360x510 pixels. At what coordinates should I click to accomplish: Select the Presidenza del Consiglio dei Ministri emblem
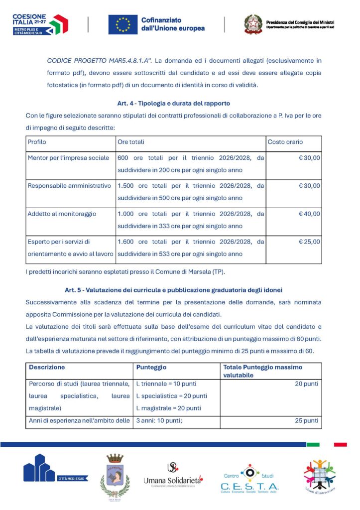[x=253, y=24]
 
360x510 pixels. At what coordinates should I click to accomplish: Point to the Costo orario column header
[x=285, y=142]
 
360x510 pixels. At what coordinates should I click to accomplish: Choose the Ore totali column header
[x=131, y=142]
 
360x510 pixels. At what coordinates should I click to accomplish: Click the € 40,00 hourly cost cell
[x=309, y=214]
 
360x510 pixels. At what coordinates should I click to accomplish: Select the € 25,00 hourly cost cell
[x=309, y=242]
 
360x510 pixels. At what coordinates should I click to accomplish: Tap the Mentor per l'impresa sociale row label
[x=69, y=158]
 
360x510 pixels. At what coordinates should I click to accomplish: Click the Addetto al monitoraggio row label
[x=62, y=214]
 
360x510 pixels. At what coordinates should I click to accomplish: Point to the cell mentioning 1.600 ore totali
[x=191, y=248]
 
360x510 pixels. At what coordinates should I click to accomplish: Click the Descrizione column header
[x=47, y=367]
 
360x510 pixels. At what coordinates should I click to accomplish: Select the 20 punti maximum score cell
[x=307, y=384]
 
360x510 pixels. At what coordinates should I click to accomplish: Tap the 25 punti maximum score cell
[x=307, y=421]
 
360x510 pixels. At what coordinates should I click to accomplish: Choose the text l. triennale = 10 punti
[x=166, y=384]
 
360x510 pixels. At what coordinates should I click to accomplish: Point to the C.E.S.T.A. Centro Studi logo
[x=249, y=479]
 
